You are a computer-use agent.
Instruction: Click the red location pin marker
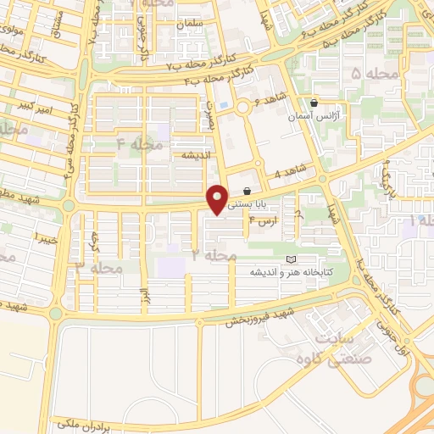click(x=219, y=199)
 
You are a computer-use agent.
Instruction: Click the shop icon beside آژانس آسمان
click(x=314, y=102)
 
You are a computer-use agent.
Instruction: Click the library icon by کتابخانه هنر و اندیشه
click(x=292, y=258)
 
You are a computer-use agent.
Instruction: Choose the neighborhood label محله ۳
click(x=101, y=267)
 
